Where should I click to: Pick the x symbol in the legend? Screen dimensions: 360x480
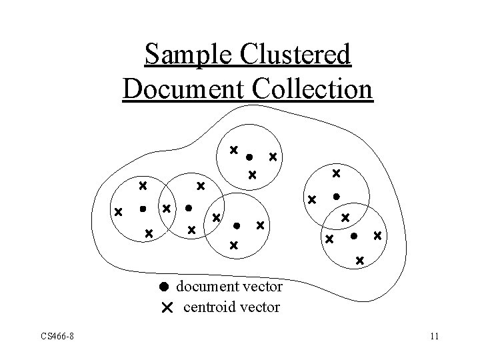coord(166,307)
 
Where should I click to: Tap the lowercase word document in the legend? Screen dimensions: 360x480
coord(208,287)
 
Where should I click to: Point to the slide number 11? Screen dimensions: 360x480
coord(434,336)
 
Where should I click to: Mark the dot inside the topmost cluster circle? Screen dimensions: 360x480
coord(249,158)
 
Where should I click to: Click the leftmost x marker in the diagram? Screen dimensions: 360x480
coord(118,213)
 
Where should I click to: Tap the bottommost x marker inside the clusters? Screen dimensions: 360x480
coord(359,260)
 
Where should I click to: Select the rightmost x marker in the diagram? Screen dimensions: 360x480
coord(378,235)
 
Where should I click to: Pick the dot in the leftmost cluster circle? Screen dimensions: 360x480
coord(142,209)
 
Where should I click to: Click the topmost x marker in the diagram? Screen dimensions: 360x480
coord(233,150)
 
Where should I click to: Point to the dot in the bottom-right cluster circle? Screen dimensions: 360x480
coord(354,235)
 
